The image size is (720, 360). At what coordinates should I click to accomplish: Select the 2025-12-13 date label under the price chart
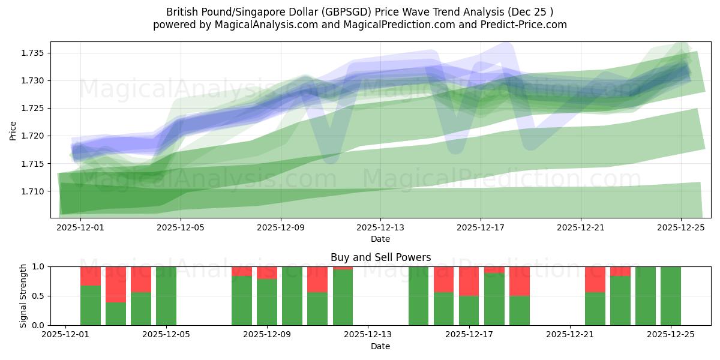click(380, 228)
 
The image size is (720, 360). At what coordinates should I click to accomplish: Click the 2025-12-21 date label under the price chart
click(581, 228)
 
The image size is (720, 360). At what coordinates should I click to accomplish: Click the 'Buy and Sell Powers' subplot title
click(380, 257)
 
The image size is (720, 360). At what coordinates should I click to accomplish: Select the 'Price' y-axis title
click(13, 130)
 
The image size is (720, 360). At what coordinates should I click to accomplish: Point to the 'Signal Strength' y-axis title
click(23, 296)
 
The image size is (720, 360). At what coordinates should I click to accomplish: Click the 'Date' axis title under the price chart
click(380, 239)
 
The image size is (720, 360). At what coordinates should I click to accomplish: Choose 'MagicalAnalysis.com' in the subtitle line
click(262, 25)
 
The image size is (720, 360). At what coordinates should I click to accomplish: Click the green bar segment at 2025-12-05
click(166, 296)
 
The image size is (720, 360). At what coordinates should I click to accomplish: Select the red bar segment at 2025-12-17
click(469, 281)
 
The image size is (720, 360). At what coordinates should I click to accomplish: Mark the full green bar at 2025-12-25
click(670, 296)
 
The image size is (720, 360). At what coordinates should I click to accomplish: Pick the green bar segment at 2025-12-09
click(267, 302)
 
